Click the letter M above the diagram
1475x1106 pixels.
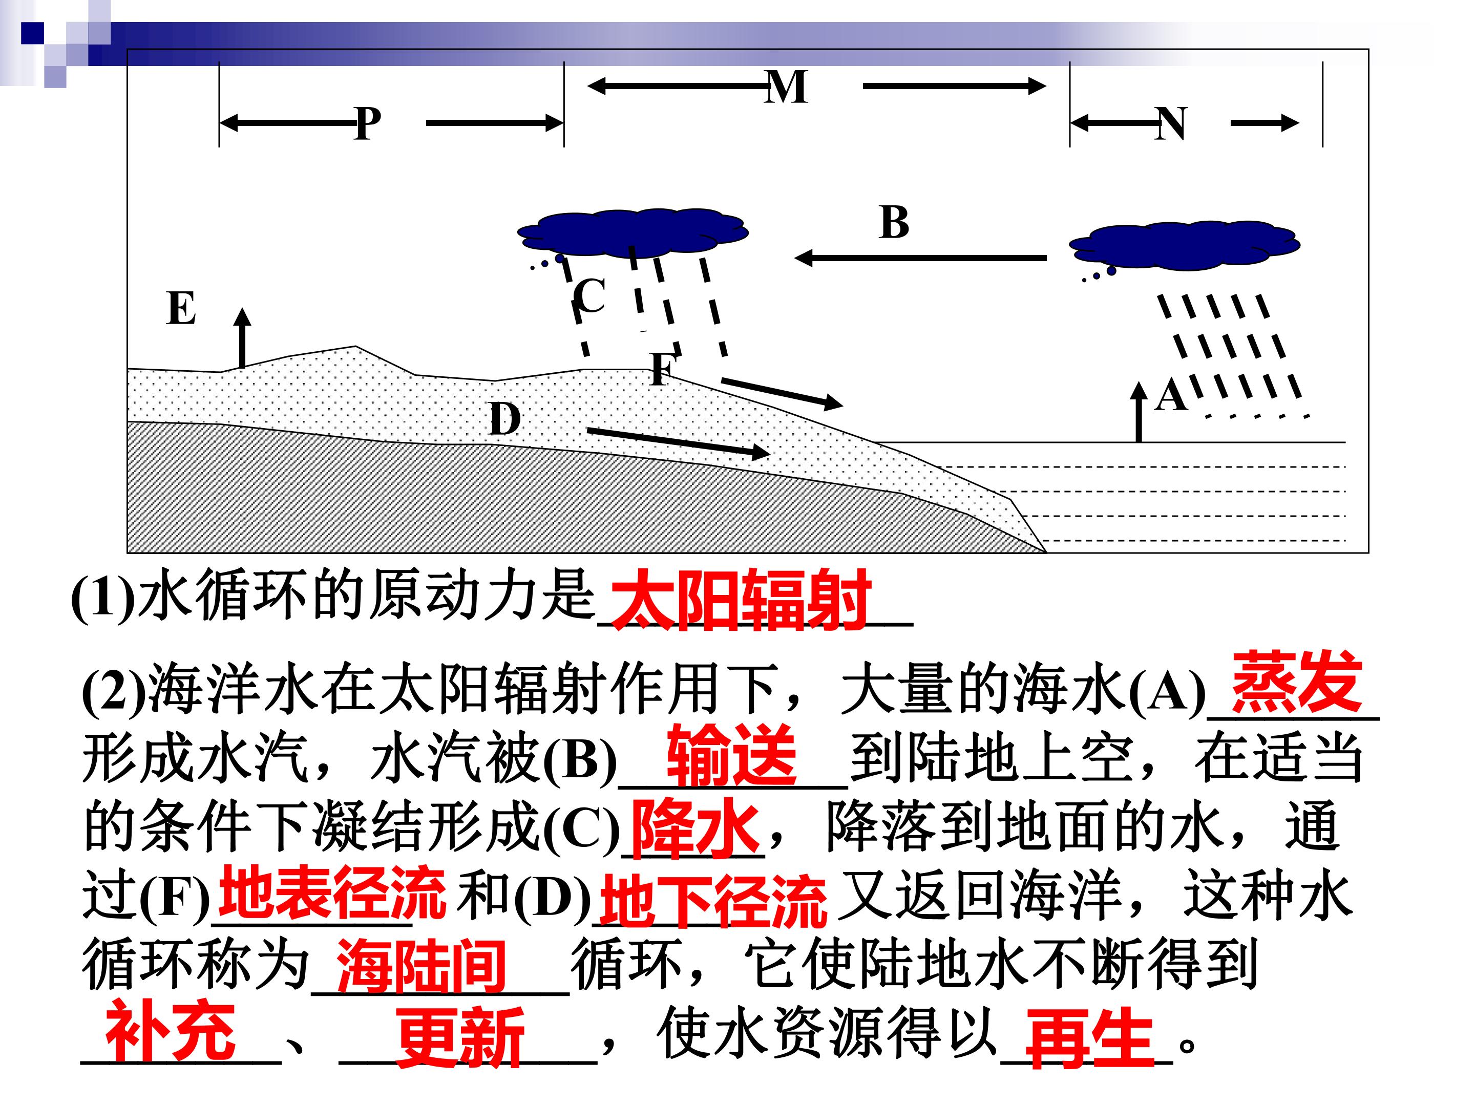787,88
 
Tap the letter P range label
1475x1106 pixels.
367,123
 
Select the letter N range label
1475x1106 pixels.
1170,123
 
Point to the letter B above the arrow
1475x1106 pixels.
894,222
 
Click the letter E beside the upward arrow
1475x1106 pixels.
181,308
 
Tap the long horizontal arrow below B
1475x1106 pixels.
921,258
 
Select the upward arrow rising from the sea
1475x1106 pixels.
1139,412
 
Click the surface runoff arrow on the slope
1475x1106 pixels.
782,393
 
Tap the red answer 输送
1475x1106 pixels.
732,755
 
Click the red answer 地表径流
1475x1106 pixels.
332,892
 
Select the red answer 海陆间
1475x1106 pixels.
422,967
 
